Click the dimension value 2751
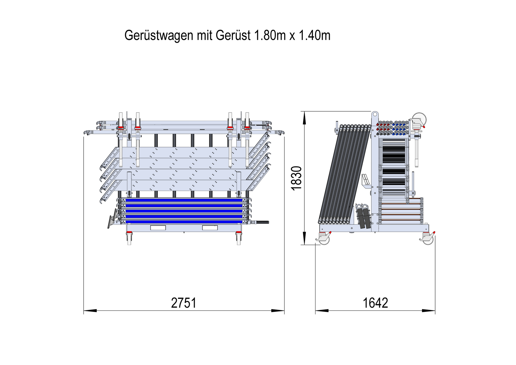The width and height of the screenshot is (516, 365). point(184,303)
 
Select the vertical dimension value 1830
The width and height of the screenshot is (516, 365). point(296,178)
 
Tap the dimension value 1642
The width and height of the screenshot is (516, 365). point(375,303)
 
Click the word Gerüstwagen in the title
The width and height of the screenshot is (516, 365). point(159,36)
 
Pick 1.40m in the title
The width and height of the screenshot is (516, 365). point(315,35)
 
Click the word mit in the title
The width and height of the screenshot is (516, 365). point(205,35)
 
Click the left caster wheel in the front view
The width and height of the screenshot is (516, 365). point(129,239)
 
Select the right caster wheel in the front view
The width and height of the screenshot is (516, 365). point(238,239)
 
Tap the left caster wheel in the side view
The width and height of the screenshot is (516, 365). point(324,238)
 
